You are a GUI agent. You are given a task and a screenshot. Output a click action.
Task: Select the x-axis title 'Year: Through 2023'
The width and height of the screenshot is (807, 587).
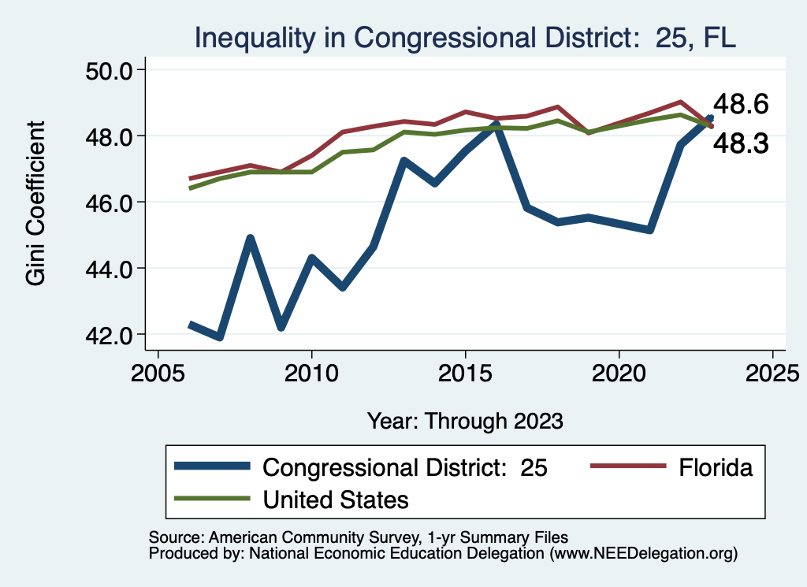tap(465, 421)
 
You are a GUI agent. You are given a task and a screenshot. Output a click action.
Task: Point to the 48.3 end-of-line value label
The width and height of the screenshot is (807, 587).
tap(741, 143)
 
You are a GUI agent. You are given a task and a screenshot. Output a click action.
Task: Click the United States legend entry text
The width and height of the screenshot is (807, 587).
tap(336, 499)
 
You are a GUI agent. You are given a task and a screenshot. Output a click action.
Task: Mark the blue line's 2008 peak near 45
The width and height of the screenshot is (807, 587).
tap(250, 238)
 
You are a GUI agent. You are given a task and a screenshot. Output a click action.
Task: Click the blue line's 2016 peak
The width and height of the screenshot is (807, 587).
tap(496, 124)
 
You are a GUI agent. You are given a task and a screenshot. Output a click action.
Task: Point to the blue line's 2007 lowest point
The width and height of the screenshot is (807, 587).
tap(219, 337)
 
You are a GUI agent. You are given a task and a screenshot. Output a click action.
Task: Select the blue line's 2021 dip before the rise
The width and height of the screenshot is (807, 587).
tap(649, 230)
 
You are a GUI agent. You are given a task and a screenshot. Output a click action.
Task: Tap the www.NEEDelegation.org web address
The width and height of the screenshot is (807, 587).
tap(642, 554)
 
